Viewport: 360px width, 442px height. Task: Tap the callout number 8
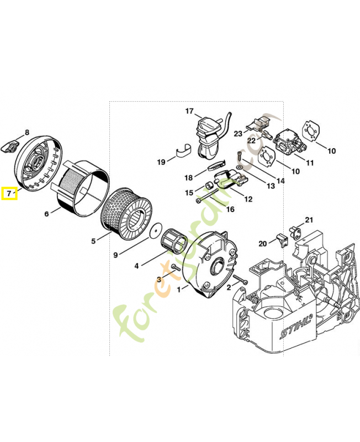pos(26,133)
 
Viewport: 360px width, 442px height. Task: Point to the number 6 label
pos(46,214)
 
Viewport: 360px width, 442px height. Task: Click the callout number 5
pos(93,240)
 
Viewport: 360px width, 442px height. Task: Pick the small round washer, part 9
pos(157,228)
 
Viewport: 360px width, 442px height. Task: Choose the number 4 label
pos(136,266)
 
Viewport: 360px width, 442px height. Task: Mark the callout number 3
pos(158,280)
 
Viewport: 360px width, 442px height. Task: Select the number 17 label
pos(189,111)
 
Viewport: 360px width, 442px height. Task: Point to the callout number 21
pos(309,220)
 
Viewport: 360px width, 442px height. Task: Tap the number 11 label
pos(309,163)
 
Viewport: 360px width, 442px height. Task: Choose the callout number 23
pos(238,134)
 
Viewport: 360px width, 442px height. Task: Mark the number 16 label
pos(230,209)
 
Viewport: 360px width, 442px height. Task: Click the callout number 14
pos(280,181)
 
